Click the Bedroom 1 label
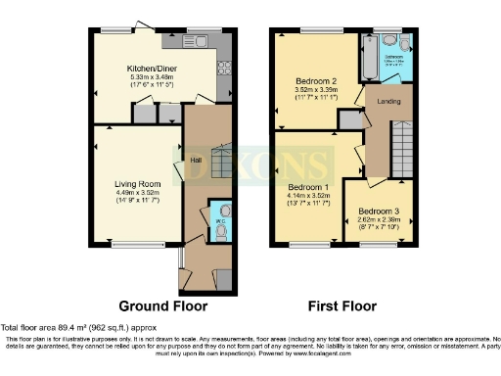tap(300, 186)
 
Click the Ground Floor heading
tap(160, 305)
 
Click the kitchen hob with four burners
tap(222, 68)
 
